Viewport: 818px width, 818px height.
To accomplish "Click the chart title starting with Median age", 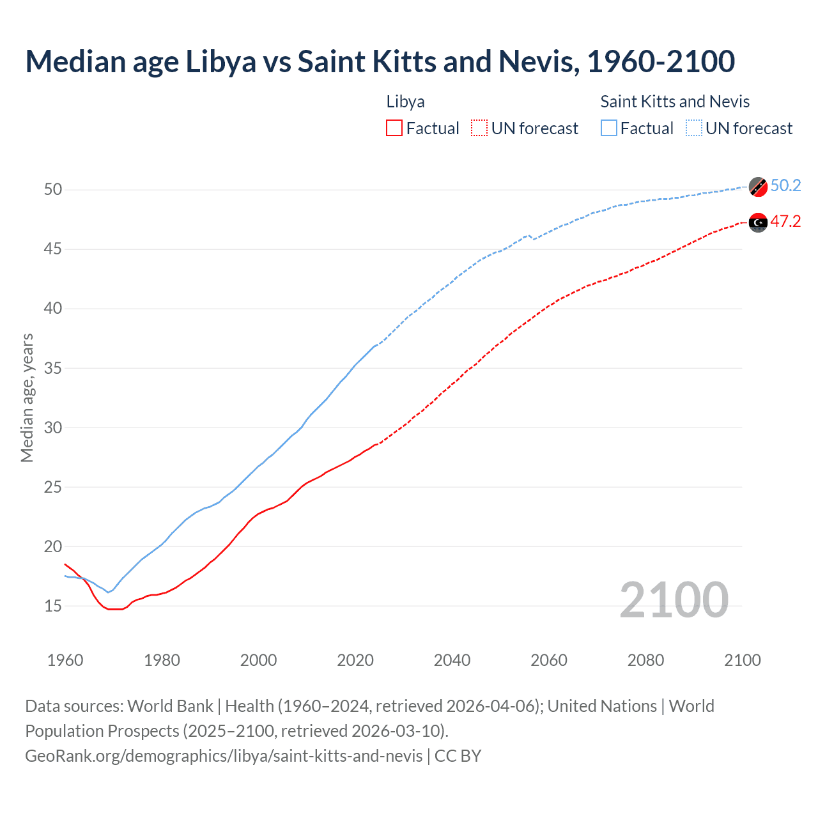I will (380, 61).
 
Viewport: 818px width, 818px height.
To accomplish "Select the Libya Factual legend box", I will (394, 128).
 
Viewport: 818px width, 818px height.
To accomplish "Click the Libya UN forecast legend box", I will (479, 128).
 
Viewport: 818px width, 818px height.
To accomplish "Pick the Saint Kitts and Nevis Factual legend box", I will (609, 128).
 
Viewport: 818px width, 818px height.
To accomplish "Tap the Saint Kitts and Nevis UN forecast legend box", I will (694, 128).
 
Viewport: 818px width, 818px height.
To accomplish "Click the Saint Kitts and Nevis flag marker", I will (758, 187).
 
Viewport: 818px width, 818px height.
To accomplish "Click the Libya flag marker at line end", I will (758, 222).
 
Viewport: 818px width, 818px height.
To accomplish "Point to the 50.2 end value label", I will (785, 186).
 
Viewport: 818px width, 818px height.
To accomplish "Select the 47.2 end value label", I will (785, 222).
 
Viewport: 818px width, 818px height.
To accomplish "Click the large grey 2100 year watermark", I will (674, 600).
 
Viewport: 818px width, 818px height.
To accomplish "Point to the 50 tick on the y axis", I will (53, 189).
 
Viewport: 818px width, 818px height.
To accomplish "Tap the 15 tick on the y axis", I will (53, 606).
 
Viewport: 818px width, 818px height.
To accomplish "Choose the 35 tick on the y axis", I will (53, 368).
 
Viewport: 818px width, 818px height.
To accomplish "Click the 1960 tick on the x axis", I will (65, 660).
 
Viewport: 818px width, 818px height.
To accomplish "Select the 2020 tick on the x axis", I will (355, 660).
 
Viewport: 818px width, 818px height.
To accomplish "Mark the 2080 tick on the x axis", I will (645, 660).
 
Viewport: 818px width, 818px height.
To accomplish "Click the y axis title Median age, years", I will (27, 397).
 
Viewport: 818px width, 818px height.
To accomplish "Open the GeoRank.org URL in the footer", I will (224, 756).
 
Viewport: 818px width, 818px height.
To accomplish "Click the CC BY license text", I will (458, 756).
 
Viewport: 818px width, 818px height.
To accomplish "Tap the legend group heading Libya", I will (405, 102).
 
